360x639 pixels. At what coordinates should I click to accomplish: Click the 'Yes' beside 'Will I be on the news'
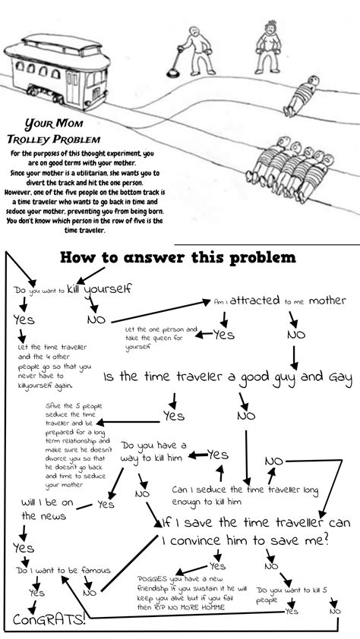pos(106,503)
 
